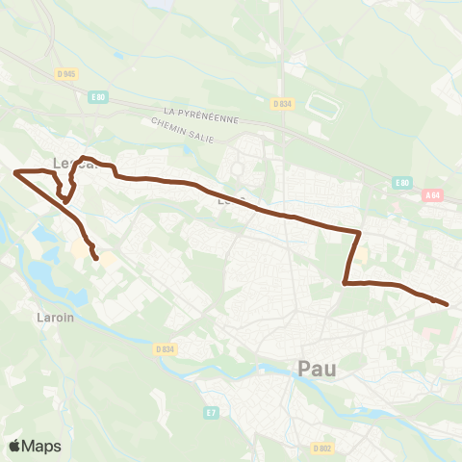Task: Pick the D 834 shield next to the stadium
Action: [281, 104]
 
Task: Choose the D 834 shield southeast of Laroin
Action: [166, 349]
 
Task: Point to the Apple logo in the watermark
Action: [15, 446]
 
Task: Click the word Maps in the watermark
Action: [42, 446]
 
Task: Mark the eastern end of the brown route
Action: [448, 305]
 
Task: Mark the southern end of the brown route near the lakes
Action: [96, 258]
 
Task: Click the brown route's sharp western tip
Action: [15, 171]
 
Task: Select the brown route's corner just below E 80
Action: [359, 232]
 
